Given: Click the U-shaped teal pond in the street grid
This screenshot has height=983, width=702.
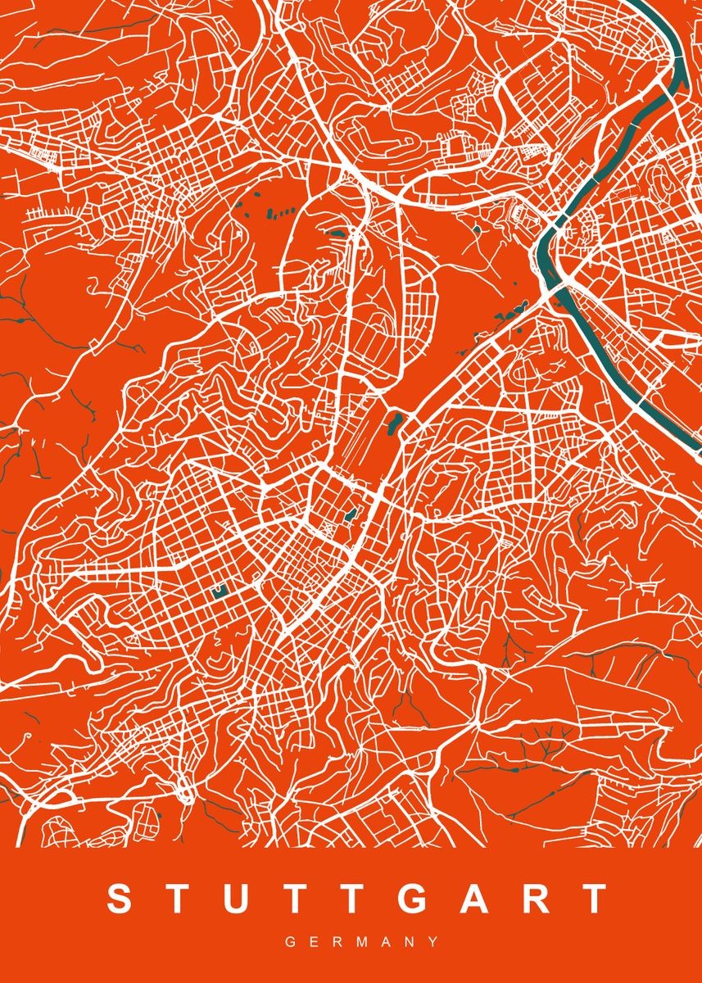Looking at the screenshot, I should [x=219, y=592].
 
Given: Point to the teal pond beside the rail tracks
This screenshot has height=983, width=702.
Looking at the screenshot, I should [x=394, y=423].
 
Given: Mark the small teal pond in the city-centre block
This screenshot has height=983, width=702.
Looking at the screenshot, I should [x=351, y=515].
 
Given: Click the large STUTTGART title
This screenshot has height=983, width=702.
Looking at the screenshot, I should [x=357, y=899].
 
